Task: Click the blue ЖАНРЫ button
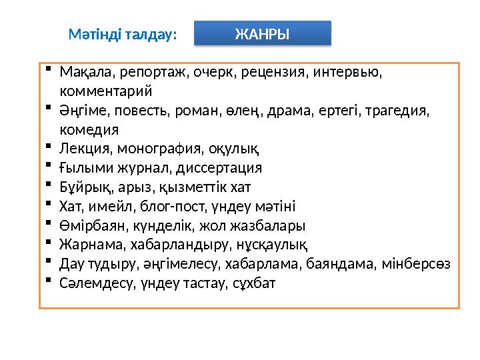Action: [262, 33]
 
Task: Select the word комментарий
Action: [106, 91]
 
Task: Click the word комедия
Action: [89, 129]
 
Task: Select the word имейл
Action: [108, 206]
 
